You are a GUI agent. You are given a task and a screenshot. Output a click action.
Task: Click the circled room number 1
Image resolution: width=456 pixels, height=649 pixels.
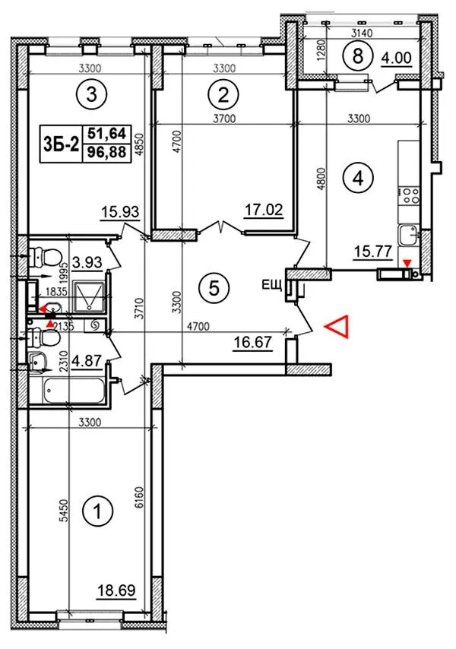97,511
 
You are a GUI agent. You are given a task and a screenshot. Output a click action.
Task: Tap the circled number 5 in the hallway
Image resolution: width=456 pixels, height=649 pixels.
214,288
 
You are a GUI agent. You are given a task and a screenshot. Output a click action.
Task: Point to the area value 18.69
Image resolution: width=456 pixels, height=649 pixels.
117,590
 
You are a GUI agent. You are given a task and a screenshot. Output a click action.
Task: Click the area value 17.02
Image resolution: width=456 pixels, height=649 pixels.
264,210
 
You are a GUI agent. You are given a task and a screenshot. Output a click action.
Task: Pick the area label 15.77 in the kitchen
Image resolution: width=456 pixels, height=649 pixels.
372,251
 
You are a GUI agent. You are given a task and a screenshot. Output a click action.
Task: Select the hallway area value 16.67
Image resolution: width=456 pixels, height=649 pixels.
253,342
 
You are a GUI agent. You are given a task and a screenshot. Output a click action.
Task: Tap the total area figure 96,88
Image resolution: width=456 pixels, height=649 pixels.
107,152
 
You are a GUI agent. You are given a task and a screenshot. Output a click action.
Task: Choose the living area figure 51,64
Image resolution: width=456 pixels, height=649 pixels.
107,134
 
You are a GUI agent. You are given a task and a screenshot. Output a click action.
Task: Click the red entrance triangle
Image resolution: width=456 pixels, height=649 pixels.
337,327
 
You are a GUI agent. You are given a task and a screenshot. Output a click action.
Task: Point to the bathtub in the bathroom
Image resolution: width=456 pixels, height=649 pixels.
74,391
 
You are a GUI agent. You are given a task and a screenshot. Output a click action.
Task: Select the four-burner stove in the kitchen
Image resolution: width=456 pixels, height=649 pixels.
410,196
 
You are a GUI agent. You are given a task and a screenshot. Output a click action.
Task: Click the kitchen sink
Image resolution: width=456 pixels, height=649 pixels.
409,235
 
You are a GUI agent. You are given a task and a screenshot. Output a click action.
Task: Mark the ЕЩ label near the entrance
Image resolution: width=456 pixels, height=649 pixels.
271,285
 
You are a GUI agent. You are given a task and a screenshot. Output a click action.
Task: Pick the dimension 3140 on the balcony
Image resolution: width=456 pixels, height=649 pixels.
362,33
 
